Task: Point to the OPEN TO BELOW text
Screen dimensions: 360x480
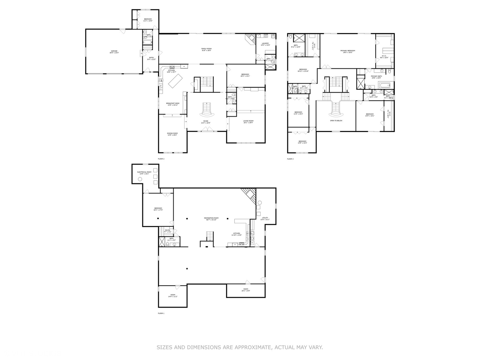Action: point(336,121)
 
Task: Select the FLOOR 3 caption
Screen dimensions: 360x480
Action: point(290,159)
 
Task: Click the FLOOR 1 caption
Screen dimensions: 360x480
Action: point(161,313)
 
